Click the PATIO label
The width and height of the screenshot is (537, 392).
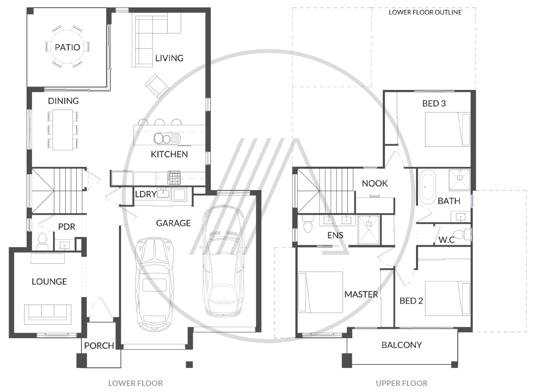(67, 47)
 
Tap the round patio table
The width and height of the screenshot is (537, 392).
(67, 55)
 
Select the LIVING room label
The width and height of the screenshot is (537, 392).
(169, 58)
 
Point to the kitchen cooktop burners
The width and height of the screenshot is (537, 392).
(174, 177)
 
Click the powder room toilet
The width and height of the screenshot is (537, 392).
(42, 242)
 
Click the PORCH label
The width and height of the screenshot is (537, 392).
(99, 346)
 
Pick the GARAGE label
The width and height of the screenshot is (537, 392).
(173, 223)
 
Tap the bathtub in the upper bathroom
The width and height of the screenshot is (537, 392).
(427, 187)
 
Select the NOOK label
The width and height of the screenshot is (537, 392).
(374, 183)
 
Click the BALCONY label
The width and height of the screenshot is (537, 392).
(401, 345)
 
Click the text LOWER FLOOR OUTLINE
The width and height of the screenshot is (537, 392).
(425, 12)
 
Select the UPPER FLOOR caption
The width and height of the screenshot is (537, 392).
(401, 383)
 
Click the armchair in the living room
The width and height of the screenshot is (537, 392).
(157, 85)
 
